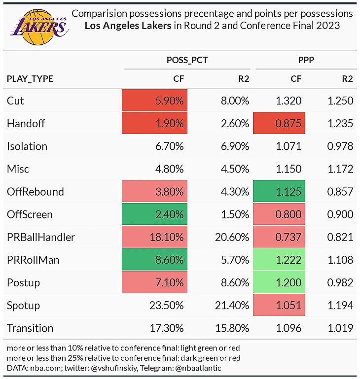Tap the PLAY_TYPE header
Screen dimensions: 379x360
coord(30,78)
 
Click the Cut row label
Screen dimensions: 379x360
coord(15,101)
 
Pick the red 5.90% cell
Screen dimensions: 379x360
coord(155,101)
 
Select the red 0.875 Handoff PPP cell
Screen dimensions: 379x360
coord(279,123)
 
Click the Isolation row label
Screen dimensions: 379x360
coord(27,146)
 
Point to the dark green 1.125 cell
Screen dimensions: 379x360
coord(279,191)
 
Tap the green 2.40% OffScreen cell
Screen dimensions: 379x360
coord(155,214)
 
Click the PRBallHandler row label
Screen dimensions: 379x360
coord(41,237)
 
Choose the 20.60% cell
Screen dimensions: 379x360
coord(232,237)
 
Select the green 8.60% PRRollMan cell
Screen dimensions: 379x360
coord(155,260)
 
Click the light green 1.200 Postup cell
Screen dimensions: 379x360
coord(279,282)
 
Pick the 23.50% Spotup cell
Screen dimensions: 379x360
coord(167,305)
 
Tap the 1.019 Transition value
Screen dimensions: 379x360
coord(340,328)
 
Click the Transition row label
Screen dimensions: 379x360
coord(30,328)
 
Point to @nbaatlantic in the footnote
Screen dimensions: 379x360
coord(201,367)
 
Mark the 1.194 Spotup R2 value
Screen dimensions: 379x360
coord(340,305)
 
